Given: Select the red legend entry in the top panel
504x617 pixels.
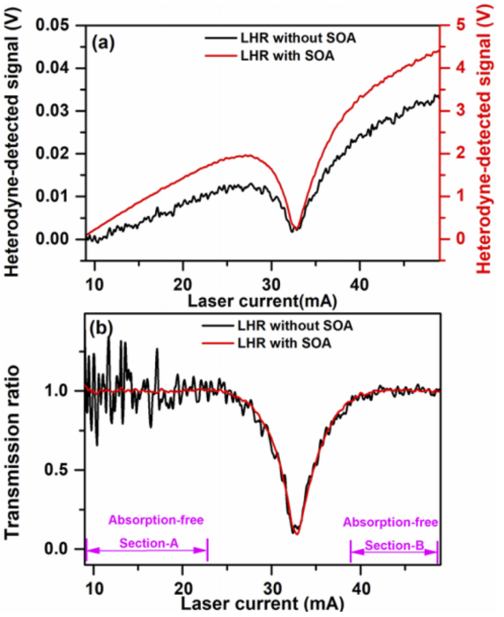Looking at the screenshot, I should point(283,57).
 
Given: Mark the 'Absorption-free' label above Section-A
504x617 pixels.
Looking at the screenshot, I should point(148,520).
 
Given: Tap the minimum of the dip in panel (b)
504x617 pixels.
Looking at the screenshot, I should point(295,532).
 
